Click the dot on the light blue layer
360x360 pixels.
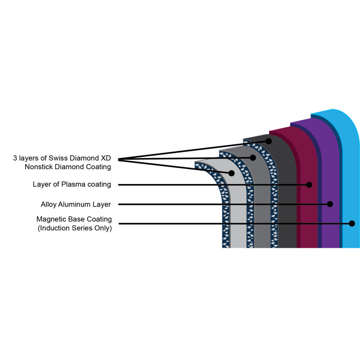[x=352, y=223]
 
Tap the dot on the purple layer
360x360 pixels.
[x=330, y=204]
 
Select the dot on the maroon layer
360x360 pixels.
[x=309, y=184]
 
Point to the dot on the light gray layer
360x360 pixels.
[x=231, y=173]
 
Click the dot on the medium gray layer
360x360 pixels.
[x=253, y=158]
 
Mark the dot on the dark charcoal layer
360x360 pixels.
[x=269, y=141]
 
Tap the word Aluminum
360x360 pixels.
[x=74, y=204]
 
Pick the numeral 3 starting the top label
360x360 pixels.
[x=15, y=158]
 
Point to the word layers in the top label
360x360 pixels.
[x=28, y=158]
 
